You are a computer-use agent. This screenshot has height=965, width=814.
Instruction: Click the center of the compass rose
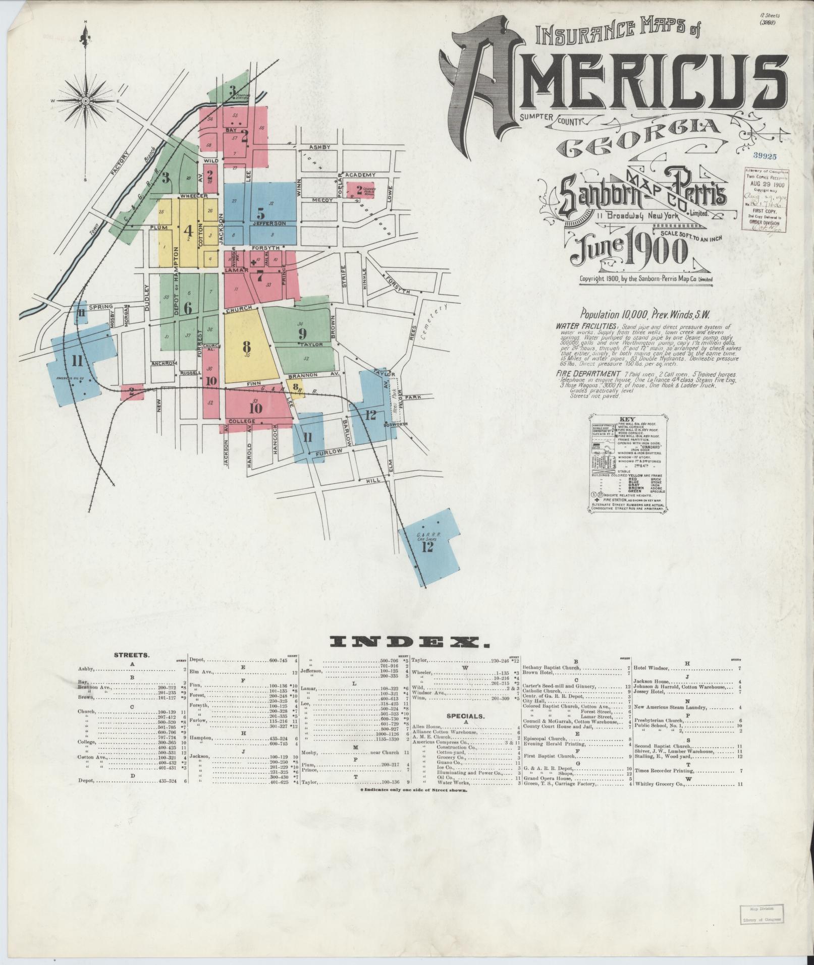click(85, 101)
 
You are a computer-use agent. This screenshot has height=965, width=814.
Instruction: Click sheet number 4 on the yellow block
click(189, 231)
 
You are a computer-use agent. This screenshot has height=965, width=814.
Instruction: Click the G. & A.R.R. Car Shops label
click(426, 537)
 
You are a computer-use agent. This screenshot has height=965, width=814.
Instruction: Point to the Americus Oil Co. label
click(69, 378)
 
